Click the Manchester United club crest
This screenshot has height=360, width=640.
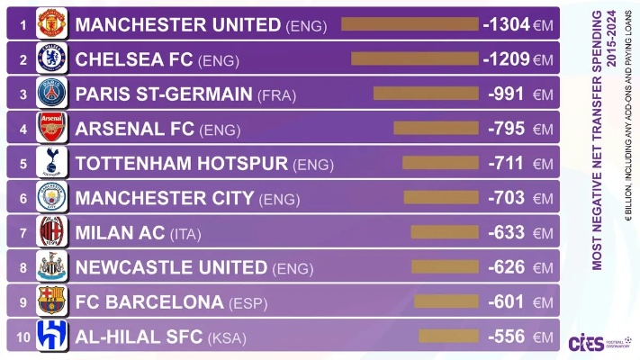(x=52, y=24)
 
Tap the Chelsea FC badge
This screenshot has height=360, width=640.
(x=52, y=59)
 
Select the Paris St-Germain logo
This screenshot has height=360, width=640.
(x=52, y=94)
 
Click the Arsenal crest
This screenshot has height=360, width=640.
(x=52, y=128)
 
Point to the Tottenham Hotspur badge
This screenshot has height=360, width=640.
(x=52, y=163)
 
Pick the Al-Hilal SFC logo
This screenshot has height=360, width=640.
(x=52, y=337)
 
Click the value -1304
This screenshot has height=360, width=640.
(x=506, y=25)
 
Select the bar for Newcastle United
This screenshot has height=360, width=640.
(x=445, y=267)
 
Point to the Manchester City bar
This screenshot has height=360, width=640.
(x=441, y=198)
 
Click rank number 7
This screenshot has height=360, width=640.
(x=23, y=233)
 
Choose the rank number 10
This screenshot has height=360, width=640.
(x=23, y=337)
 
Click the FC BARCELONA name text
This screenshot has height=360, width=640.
(x=149, y=302)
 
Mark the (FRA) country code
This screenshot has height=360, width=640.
(x=276, y=94)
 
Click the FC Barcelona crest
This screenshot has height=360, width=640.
(x=52, y=301)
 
